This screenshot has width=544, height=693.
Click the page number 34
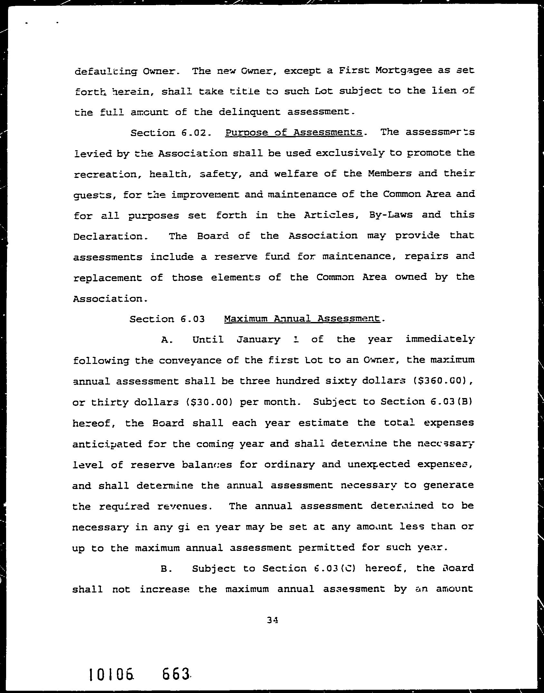click(272, 620)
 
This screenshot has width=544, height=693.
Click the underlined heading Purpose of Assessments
click(293, 132)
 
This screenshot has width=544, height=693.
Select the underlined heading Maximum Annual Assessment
click(302, 319)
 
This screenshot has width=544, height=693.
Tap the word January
click(258, 339)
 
